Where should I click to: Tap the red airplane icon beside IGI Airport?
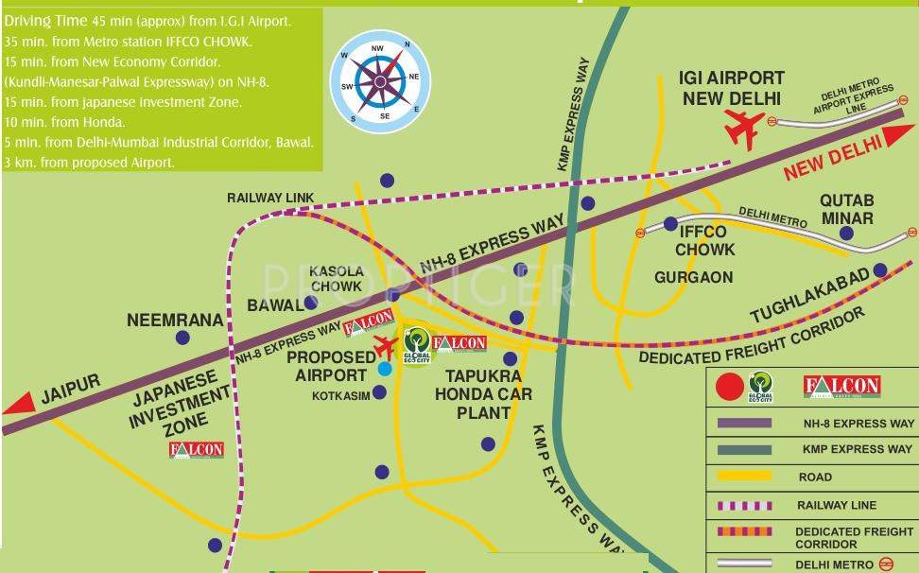(x=744, y=128)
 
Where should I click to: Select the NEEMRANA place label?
(x=176, y=321)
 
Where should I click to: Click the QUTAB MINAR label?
(x=846, y=209)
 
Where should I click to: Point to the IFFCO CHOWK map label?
(x=704, y=241)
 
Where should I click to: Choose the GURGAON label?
(x=693, y=277)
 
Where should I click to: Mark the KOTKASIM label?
(x=340, y=396)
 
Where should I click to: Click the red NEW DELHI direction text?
(x=832, y=155)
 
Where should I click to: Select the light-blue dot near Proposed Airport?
(x=384, y=369)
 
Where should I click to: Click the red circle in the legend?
(x=729, y=387)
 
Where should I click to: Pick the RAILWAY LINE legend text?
(x=836, y=505)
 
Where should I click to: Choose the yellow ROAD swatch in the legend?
(x=746, y=477)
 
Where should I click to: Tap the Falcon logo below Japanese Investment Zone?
(x=197, y=449)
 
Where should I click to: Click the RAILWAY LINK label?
(x=269, y=198)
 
